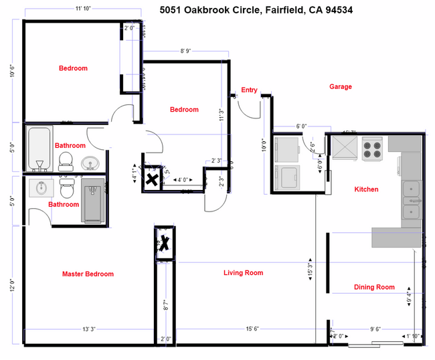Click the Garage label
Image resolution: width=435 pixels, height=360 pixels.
[x=340, y=86]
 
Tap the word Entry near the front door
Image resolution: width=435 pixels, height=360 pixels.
[x=249, y=90]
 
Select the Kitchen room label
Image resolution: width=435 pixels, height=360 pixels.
[x=366, y=189]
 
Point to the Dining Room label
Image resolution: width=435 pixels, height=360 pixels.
[x=374, y=287]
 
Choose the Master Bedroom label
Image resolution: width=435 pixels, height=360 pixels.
[x=88, y=274]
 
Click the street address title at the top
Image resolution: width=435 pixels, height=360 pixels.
[x=256, y=10]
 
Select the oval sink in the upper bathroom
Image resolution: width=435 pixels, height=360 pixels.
[x=88, y=163]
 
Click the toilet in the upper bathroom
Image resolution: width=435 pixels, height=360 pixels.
[x=66, y=160]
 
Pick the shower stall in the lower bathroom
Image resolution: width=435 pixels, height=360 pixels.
[x=93, y=199]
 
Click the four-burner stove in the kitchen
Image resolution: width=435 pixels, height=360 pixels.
[x=371, y=149]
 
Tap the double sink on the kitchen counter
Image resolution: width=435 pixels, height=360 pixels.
[x=411, y=200]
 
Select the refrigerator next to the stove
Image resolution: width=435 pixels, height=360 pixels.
[x=346, y=147]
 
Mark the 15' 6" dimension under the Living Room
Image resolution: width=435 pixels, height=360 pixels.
[x=252, y=329]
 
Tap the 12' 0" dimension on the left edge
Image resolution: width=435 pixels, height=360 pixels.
[x=11, y=284]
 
